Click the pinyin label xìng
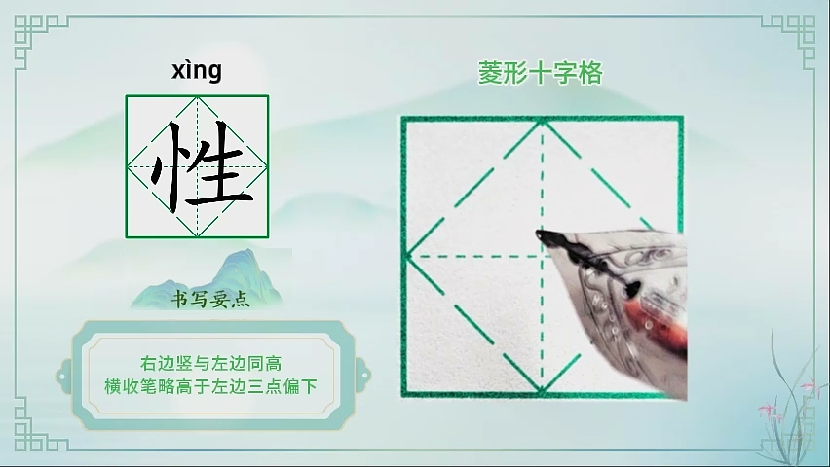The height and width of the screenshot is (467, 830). click(197, 71)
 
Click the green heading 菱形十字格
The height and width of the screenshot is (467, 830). click(541, 73)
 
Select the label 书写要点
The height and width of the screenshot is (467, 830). click(210, 300)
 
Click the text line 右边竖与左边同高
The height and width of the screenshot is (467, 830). click(210, 363)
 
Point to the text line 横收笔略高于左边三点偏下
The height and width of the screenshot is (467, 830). click(210, 386)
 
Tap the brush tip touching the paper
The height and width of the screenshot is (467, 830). click(540, 234)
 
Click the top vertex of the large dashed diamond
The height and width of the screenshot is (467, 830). click(542, 121)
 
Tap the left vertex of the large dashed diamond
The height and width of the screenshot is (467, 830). click(406, 257)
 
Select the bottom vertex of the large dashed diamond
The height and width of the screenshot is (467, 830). click(542, 392)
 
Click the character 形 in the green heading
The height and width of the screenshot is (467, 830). click(515, 73)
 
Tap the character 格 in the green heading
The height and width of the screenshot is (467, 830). click(590, 73)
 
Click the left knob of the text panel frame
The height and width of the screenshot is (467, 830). click(63, 377)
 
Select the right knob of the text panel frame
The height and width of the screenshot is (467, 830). click(363, 377)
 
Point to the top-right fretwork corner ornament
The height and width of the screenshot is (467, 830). click(790, 40)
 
